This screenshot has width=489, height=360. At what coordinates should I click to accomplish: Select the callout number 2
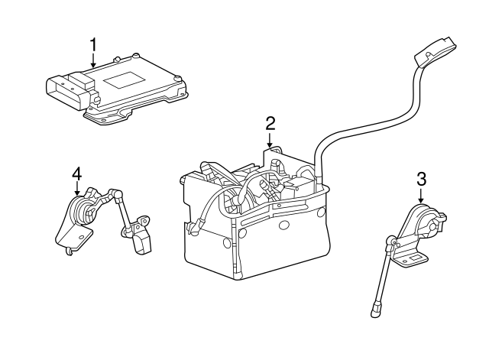[x=270, y=123]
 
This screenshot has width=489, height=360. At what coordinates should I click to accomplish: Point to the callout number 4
[x=76, y=175]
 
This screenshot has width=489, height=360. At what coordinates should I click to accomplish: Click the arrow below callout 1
[x=92, y=63]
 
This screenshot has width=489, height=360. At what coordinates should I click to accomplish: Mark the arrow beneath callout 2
[x=270, y=141]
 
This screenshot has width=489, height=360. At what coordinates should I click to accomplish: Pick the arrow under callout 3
[x=421, y=198]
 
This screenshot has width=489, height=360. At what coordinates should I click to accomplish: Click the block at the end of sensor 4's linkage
[x=142, y=241]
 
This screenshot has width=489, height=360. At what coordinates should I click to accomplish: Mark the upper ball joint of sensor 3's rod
[x=391, y=245]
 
